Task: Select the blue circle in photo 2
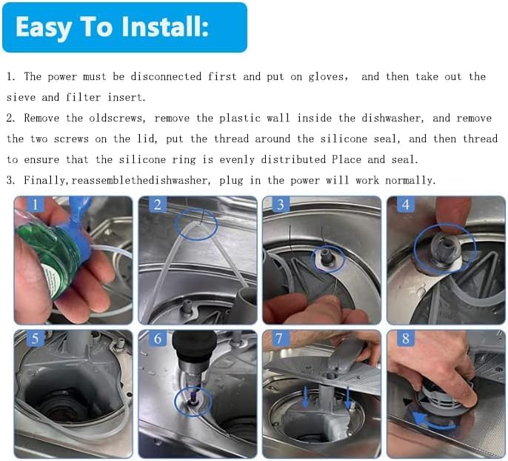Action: [196, 224]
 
